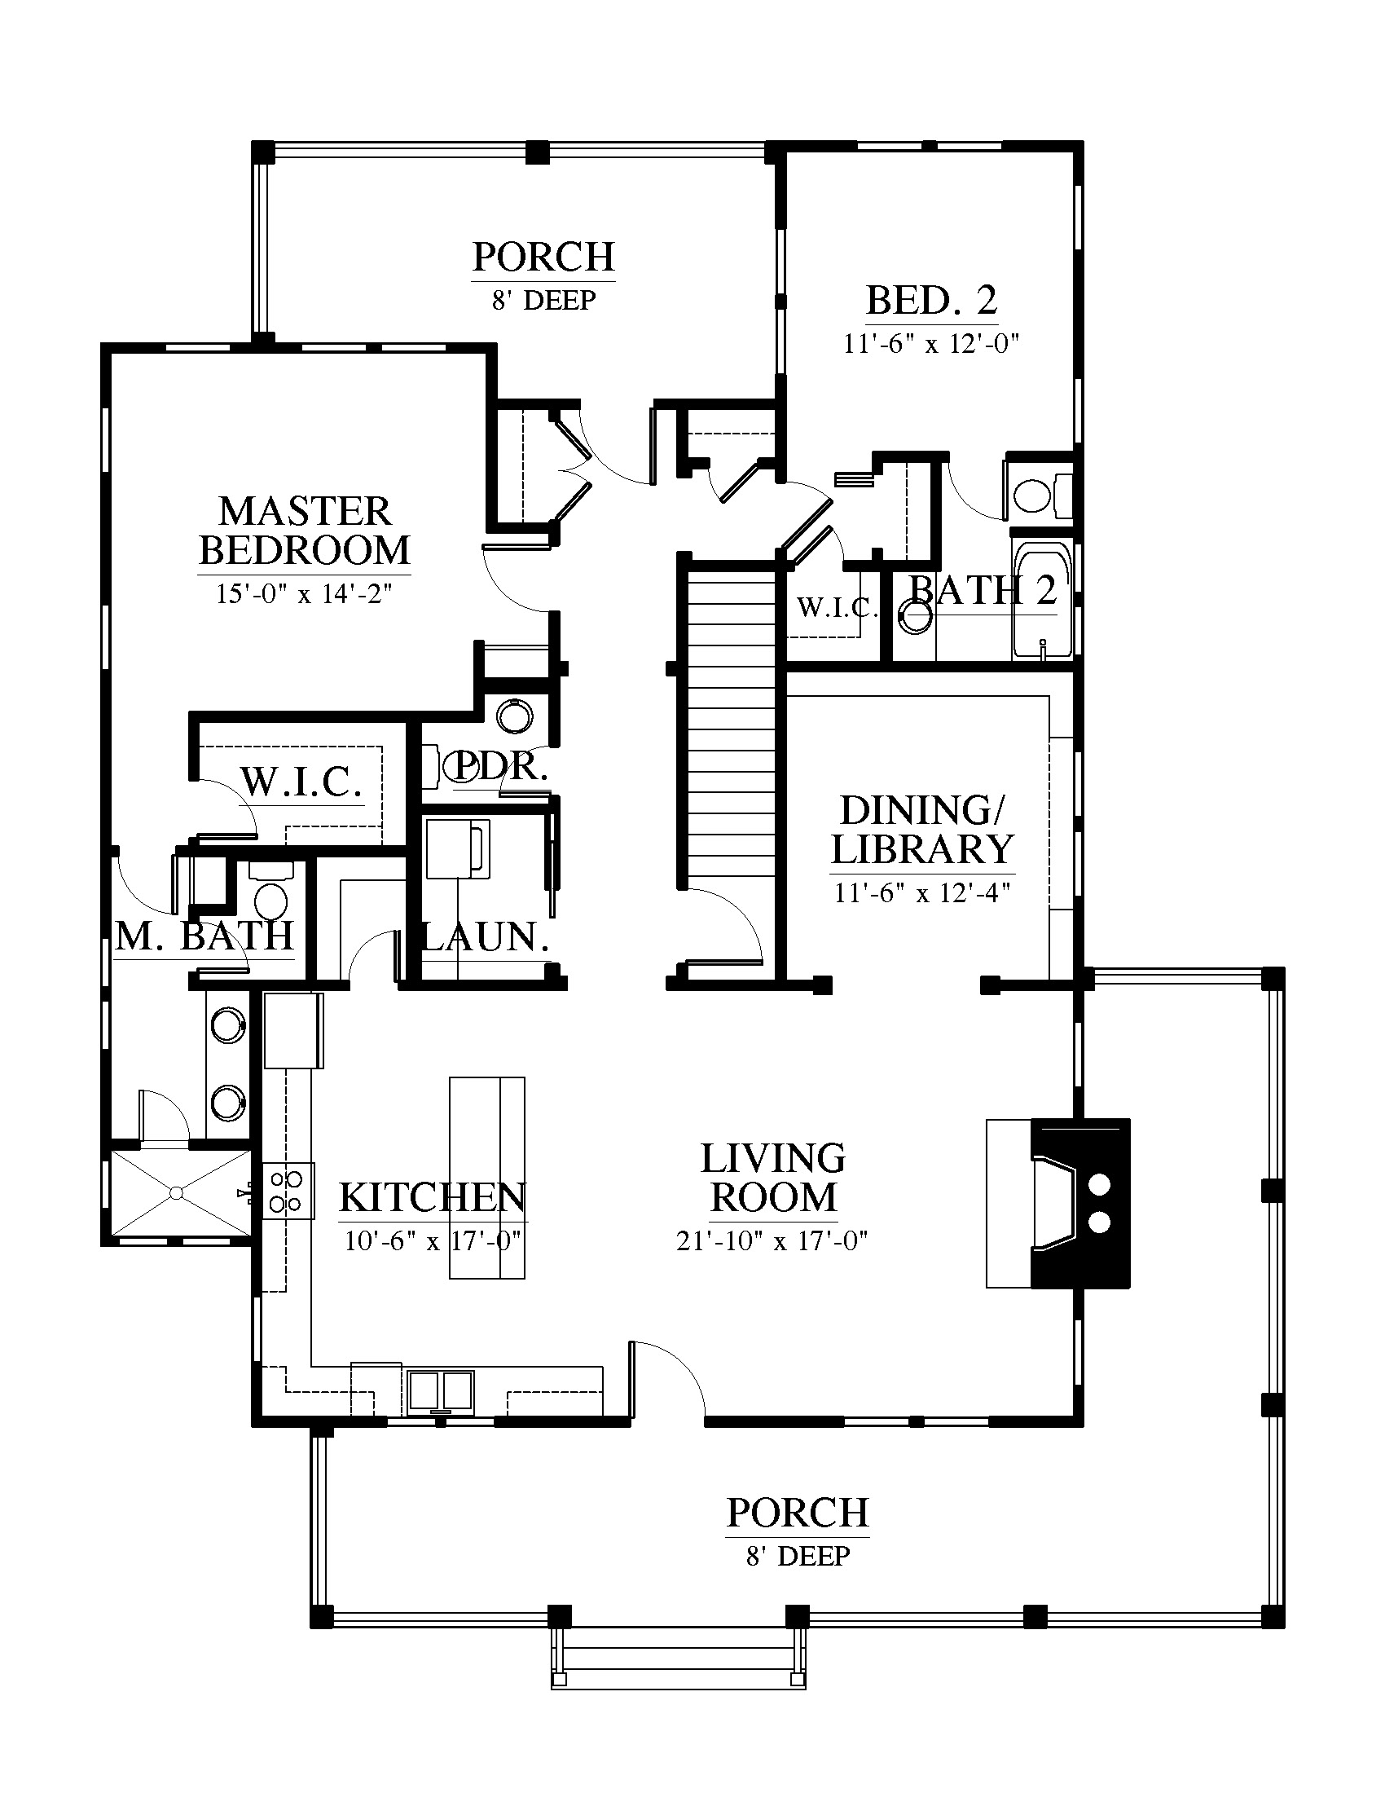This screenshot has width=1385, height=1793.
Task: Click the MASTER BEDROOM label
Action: point(305,531)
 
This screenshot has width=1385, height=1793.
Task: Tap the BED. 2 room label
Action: point(932,300)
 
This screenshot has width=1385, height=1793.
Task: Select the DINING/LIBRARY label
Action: point(923,830)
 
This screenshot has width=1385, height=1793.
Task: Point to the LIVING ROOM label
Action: point(773,1178)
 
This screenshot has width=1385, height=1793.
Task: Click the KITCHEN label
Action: point(433,1198)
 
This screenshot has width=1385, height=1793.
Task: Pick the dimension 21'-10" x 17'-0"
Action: point(772,1240)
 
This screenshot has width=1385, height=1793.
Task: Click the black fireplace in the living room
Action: point(1080,1204)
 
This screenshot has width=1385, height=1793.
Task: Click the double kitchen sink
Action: point(442,1391)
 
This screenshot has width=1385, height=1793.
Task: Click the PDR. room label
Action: point(499,766)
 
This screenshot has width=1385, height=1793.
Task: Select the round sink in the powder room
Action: point(515,716)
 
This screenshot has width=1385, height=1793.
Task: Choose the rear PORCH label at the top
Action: point(544,257)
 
